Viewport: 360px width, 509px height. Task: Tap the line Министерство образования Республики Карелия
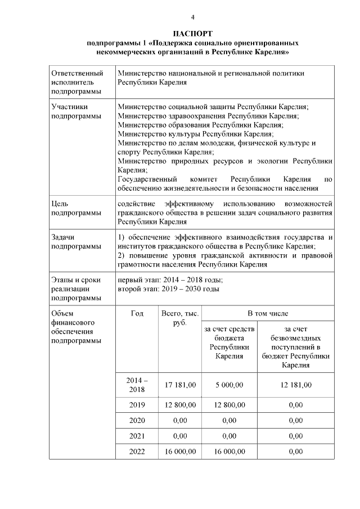[x=201, y=125]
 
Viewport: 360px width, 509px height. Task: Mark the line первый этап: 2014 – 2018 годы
[x=170, y=280]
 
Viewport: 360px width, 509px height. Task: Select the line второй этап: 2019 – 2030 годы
[x=168, y=289]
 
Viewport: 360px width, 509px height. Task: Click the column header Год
[x=137, y=313]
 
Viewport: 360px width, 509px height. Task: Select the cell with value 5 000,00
[x=229, y=385]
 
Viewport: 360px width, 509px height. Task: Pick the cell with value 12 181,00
[x=295, y=385]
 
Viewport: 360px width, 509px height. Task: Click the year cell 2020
[x=137, y=420]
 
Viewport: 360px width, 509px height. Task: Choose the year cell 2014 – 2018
[x=137, y=385]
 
